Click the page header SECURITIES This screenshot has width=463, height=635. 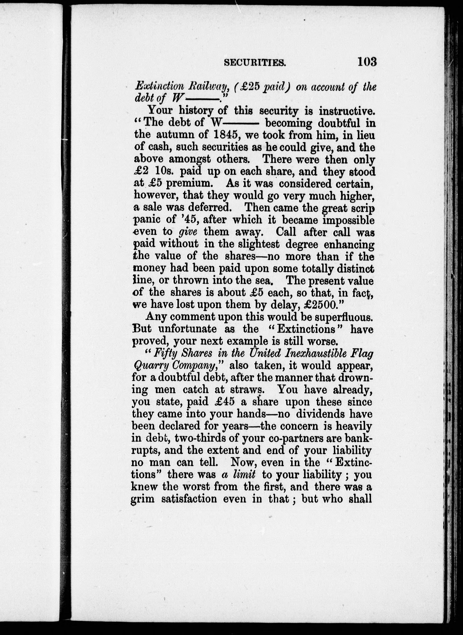click(255, 62)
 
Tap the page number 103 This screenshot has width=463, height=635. click(367, 61)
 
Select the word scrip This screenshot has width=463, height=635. click(361, 208)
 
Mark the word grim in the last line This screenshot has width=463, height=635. click(142, 499)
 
